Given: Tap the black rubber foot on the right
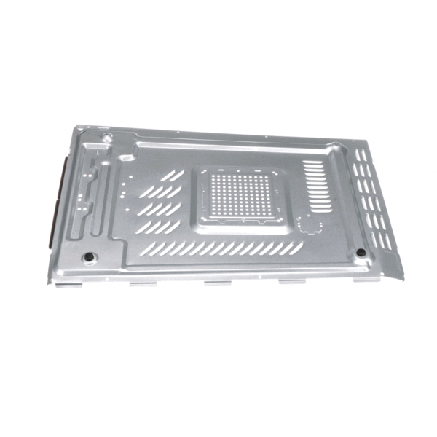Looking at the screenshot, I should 361,253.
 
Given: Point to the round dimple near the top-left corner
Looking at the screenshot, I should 107,137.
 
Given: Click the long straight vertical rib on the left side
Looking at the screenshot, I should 104,197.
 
